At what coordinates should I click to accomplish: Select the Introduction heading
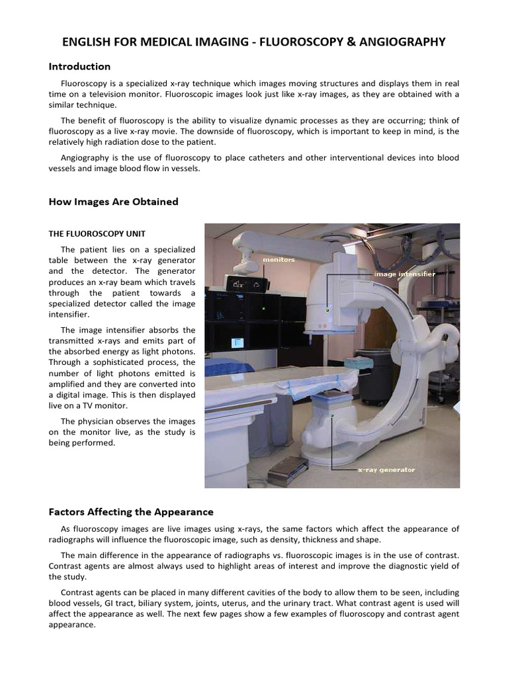79,67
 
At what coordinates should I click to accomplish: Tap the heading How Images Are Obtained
113,202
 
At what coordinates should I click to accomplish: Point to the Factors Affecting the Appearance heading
131,512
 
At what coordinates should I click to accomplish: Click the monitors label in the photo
278,260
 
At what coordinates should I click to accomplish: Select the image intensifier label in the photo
404,273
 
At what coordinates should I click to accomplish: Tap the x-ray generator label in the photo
386,470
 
